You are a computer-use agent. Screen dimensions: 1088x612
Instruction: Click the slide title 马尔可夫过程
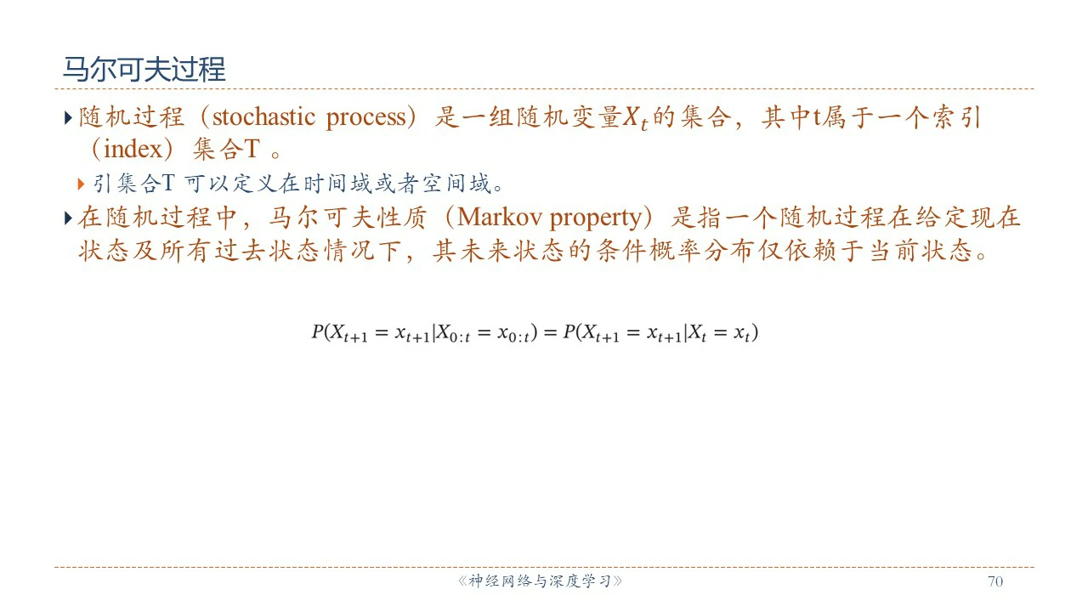(x=144, y=69)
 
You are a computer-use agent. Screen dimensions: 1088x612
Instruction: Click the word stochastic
(x=263, y=117)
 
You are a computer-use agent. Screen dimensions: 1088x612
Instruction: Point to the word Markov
(x=499, y=217)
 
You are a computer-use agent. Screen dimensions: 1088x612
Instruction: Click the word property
(x=596, y=219)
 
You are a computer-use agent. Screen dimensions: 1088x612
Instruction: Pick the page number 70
(x=995, y=581)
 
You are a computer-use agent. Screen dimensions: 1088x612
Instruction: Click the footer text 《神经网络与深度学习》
(x=540, y=581)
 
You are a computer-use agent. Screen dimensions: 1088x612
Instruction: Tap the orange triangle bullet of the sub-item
(x=81, y=184)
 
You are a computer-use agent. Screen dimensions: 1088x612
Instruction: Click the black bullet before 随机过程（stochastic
(x=68, y=117)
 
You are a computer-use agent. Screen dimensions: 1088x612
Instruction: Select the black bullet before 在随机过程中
(x=68, y=218)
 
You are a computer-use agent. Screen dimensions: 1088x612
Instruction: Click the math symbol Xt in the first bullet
(x=635, y=118)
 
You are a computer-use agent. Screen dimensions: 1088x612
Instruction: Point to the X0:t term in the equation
(x=454, y=334)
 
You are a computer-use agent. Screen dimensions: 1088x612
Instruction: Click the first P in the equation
(x=317, y=331)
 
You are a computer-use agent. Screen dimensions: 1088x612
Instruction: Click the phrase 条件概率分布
(x=662, y=251)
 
